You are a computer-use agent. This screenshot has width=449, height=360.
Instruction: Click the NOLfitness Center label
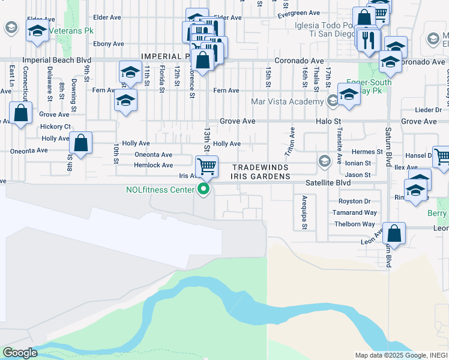tap(160, 190)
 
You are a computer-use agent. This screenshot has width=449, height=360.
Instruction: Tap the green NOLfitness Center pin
tap(204, 190)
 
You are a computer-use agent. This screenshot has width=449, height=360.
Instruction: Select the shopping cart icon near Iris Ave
tap(206, 166)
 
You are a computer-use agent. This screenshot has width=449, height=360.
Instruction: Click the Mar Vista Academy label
tap(287, 101)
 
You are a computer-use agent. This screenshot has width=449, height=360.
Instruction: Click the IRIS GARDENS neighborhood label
tap(260, 177)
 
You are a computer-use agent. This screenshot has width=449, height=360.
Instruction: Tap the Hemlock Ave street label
tap(153, 165)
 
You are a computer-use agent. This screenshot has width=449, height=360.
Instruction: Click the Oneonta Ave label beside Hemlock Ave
tap(153, 155)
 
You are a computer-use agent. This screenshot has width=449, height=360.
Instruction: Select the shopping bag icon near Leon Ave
tap(394, 233)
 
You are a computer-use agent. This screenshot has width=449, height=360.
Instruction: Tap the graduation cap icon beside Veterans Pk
tap(38, 31)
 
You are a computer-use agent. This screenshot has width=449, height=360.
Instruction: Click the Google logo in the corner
tap(20, 353)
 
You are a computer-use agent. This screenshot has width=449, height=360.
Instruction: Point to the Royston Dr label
tap(354, 202)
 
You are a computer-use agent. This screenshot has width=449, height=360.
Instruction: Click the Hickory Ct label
tap(55, 127)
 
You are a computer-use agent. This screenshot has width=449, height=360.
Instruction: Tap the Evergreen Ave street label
tap(303, 13)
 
